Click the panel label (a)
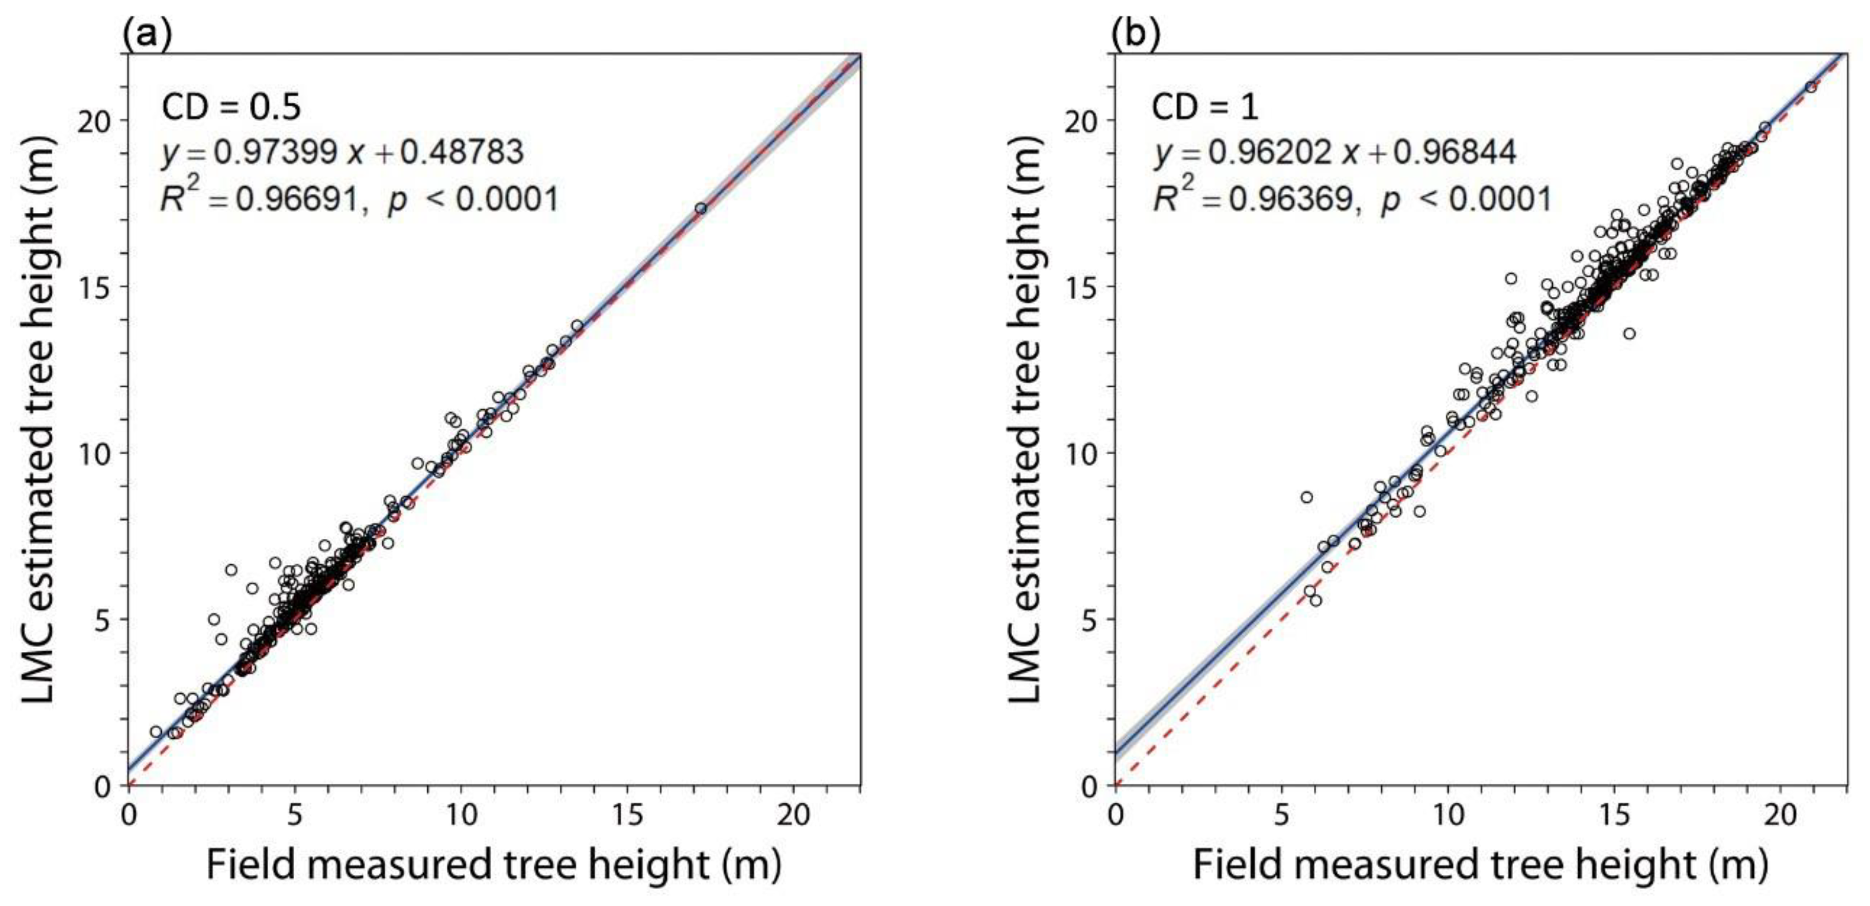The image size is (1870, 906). (147, 34)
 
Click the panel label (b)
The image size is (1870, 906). (1136, 34)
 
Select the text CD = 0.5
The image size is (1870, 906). (230, 108)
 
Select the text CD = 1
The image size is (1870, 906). (1204, 108)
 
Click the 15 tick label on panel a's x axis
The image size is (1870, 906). (627, 815)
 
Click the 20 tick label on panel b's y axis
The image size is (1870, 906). (1085, 120)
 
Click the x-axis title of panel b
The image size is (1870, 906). (1480, 865)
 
